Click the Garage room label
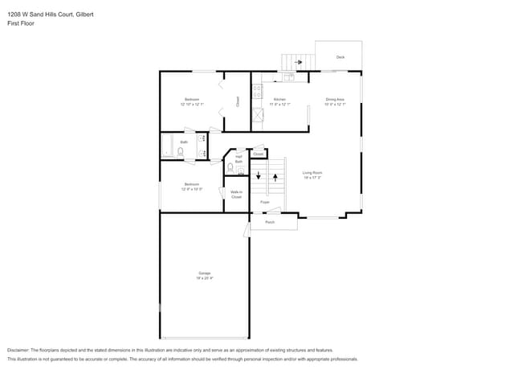tap(205, 275)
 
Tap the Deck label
tap(340, 57)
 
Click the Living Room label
tap(312, 175)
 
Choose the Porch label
tap(270, 222)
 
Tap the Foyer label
tap(265, 202)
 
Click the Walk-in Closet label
tap(236, 195)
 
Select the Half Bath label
tap(239, 159)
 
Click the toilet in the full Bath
tap(181, 151)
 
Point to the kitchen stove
tap(258, 92)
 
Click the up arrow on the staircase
tap(275, 176)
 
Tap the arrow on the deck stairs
tap(298, 61)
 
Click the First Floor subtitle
tap(21, 23)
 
